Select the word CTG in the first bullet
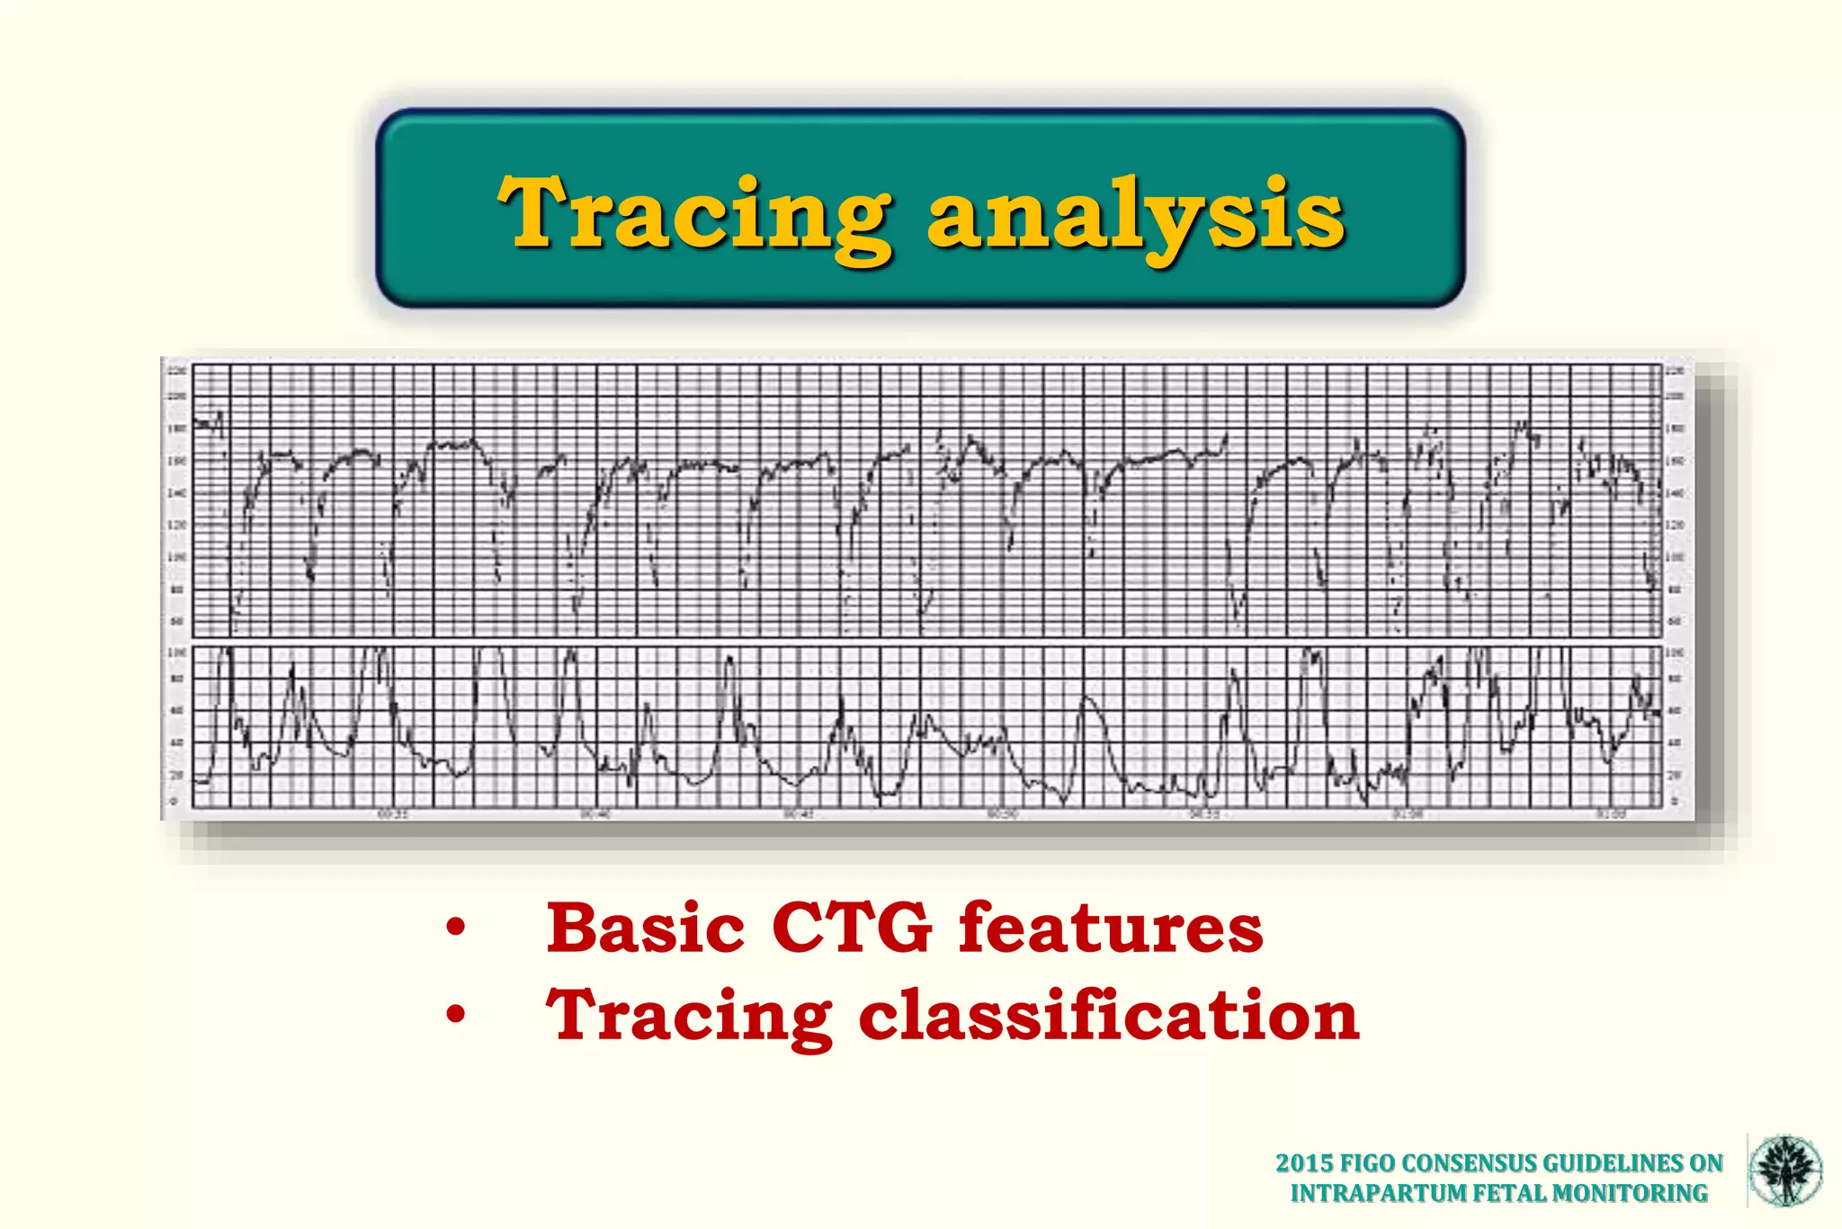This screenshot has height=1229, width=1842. (x=851, y=928)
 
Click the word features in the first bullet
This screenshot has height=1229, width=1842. (x=1110, y=928)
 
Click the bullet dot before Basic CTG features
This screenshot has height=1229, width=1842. (x=456, y=928)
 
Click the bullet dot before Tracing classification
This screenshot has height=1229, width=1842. (x=456, y=1015)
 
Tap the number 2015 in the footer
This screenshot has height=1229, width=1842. (x=1305, y=1163)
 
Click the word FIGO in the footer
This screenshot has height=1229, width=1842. (x=1368, y=1163)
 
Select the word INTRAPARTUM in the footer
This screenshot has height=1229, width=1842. (x=1377, y=1193)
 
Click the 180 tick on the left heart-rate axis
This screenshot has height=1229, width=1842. (x=176, y=429)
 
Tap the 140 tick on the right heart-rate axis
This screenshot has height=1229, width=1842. (x=1675, y=493)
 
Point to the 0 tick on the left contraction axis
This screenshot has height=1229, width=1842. (x=174, y=801)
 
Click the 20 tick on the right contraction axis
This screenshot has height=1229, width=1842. (x=1675, y=775)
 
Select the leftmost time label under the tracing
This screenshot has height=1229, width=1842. (x=392, y=814)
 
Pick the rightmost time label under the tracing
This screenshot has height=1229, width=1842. (x=1611, y=814)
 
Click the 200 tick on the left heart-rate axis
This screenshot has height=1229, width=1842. (x=176, y=397)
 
